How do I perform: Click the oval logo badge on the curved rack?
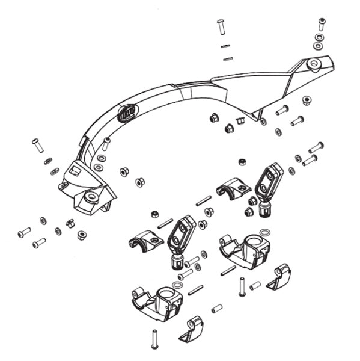(x=128, y=113)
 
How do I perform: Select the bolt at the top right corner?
(x=322, y=24)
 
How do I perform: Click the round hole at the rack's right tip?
(x=313, y=63)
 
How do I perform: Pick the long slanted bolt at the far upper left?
(x=37, y=145)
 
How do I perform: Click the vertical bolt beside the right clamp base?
(x=242, y=286)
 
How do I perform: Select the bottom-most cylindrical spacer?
(x=217, y=309)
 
